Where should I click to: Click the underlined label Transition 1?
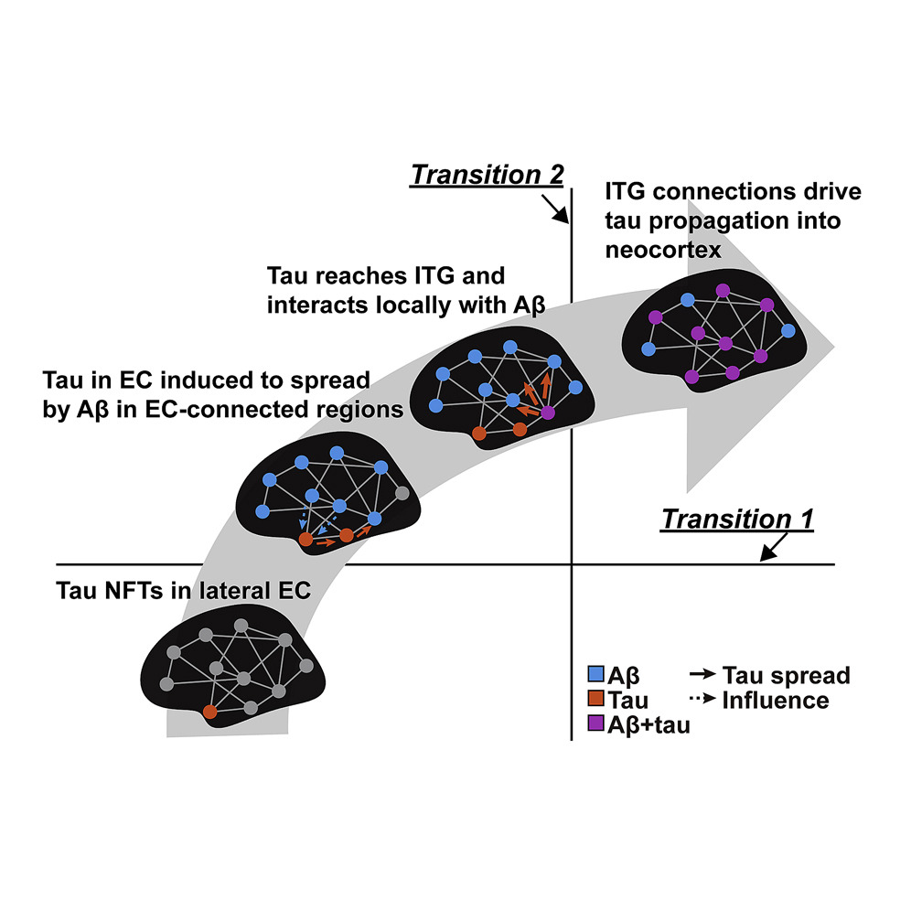click(736, 519)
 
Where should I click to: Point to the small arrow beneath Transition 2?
click(557, 211)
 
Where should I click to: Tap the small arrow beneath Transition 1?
click(770, 547)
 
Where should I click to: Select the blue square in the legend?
click(596, 677)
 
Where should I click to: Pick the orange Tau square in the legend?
click(596, 702)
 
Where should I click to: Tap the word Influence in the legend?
click(775, 702)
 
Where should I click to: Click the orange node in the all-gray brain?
click(209, 711)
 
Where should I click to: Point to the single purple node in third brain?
click(548, 413)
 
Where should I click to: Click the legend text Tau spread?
click(786, 677)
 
